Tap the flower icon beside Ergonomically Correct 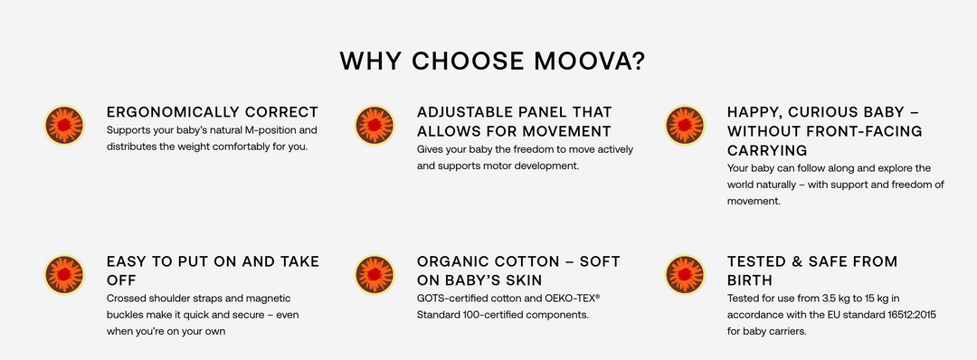coord(64,125)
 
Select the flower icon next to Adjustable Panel coord(374,125)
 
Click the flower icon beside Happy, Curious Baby coord(685,125)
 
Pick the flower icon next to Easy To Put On coord(64,274)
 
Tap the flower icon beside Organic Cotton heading coord(374,274)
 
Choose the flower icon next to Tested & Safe coord(685,274)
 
